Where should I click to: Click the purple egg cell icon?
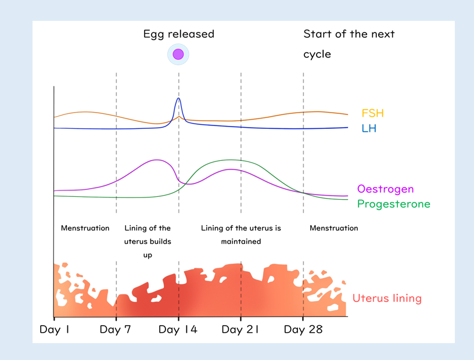tap(178, 55)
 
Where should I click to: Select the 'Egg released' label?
tap(178, 34)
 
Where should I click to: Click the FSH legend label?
tap(372, 113)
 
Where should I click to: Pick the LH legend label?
tap(369, 128)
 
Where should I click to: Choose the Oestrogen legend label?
tap(385, 189)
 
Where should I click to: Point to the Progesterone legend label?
tap(393, 204)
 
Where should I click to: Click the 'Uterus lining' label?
tap(387, 298)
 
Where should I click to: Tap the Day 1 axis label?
tap(55, 330)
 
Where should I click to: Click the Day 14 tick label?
tap(178, 330)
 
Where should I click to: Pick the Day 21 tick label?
tap(240, 330)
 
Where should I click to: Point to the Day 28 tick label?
tap(303, 330)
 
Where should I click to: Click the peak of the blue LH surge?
tap(178, 98)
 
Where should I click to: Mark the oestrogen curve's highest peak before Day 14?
tap(156, 160)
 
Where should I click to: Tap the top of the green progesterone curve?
tap(231, 160)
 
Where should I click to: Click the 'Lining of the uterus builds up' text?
tap(148, 242)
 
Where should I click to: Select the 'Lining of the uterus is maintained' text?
tap(240, 235)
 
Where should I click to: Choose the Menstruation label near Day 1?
tap(85, 228)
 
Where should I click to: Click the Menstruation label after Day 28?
tap(333, 228)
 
